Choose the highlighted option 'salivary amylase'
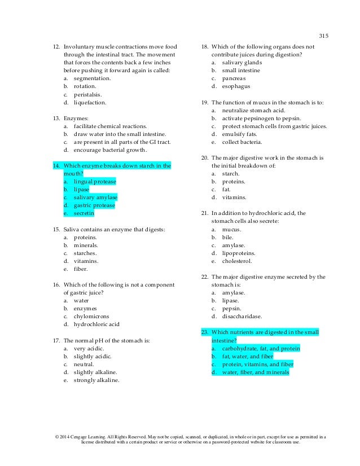coord(95,197)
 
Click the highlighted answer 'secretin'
coord(84,213)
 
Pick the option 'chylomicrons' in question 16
coord(91,316)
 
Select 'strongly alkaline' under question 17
coord(96,380)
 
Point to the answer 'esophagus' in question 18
coord(236,86)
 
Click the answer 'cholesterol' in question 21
coord(238,261)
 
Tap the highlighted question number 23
coord(205,332)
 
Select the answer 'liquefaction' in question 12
coord(89,103)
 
